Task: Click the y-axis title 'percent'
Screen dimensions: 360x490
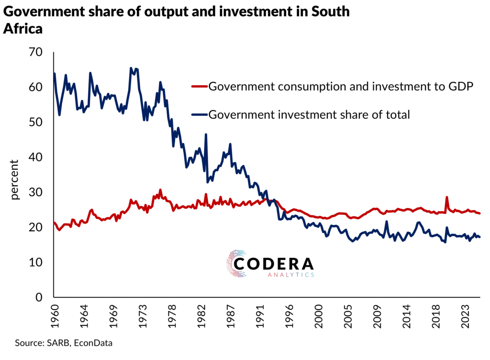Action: (x=15, y=180)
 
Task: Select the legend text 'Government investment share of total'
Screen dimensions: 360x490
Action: (x=310, y=115)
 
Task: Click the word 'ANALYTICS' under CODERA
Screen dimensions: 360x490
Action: (x=290, y=275)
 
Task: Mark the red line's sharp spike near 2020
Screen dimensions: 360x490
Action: (x=447, y=197)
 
